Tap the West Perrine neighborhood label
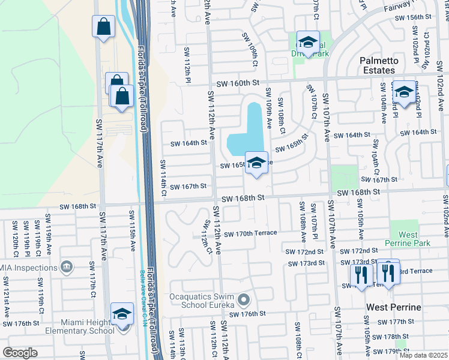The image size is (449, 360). click(394, 307)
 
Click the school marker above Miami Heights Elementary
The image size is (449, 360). click(122, 313)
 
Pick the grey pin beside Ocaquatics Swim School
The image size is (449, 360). click(243, 299)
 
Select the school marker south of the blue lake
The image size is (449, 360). click(256, 163)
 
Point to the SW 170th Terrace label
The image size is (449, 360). click(250, 233)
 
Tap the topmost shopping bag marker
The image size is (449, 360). click(103, 26)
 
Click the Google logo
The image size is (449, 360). click(20, 352)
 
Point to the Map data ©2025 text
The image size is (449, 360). click(423, 355)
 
